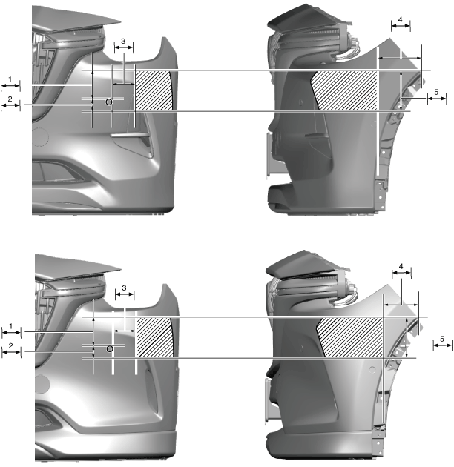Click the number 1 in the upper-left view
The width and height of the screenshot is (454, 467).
pos(10,79)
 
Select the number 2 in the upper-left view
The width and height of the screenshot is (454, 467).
pos(10,99)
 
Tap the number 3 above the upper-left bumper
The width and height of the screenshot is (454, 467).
pos(123,41)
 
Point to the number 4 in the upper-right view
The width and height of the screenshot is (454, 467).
pos(401,19)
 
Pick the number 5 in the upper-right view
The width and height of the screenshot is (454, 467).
pos(436,92)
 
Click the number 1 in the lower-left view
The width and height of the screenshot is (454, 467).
pos(11,326)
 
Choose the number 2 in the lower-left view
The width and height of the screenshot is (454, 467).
pos(11,345)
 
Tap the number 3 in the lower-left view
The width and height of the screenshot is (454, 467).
pos(125,288)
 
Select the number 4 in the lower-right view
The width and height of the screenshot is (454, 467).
pos(401,266)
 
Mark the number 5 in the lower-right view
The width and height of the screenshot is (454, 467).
pos(442,339)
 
